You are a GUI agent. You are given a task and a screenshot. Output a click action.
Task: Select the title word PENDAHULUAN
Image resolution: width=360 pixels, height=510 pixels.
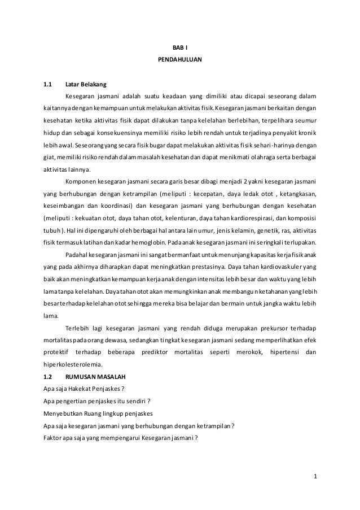(x=180, y=58)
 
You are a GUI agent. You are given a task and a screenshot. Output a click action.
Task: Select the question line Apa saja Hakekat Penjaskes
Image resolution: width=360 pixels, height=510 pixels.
(x=84, y=387)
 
